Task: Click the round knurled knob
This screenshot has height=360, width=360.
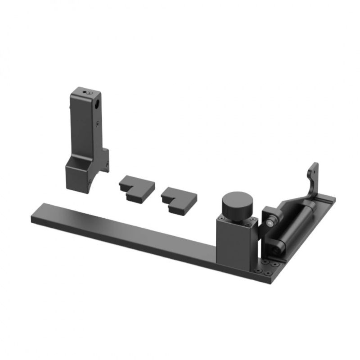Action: point(237,204)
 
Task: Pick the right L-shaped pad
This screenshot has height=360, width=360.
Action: point(179,198)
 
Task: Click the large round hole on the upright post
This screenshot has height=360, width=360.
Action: point(98,104)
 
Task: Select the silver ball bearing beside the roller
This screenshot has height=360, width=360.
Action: point(270,221)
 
